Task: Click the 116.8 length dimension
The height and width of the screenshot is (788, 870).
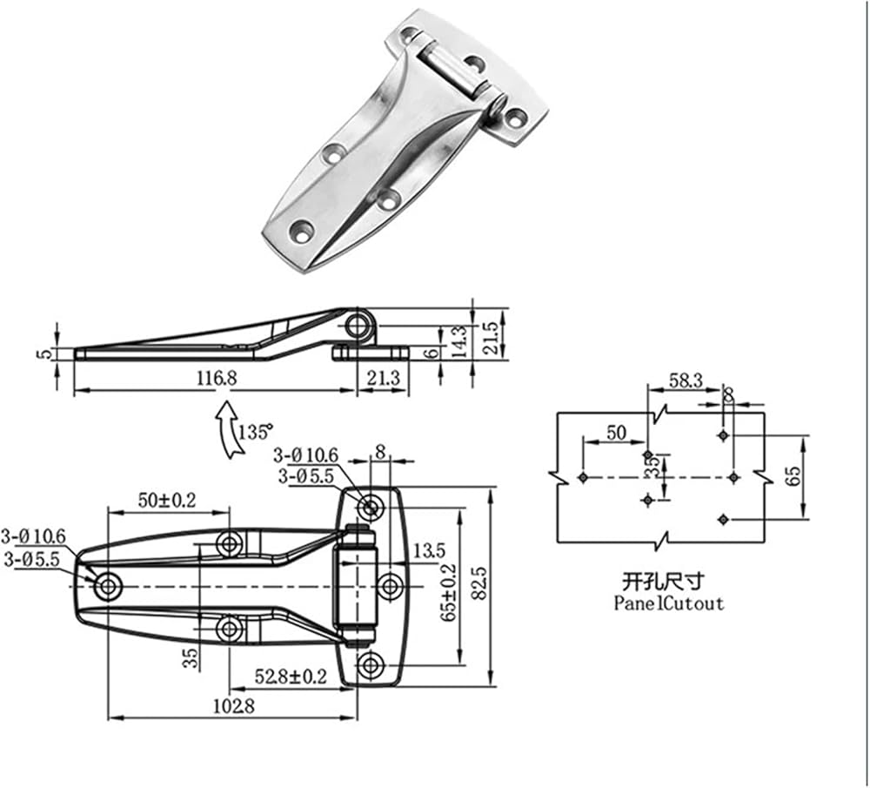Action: tap(217, 378)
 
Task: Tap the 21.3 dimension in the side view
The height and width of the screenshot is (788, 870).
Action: tap(383, 378)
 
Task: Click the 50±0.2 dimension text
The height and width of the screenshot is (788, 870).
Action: tap(167, 500)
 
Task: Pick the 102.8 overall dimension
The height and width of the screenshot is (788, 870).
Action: tap(233, 706)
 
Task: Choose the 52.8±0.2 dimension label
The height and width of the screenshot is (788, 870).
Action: tap(291, 677)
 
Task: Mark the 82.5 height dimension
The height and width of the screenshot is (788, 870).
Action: tap(480, 583)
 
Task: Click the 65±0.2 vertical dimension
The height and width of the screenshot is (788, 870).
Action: tap(450, 592)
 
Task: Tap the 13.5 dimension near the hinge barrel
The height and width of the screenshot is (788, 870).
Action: tap(429, 551)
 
